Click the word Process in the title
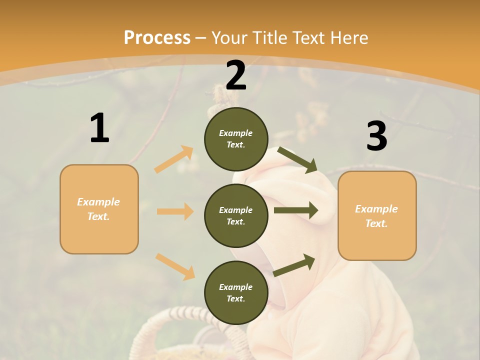[157, 37]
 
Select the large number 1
[99, 128]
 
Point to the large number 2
[236, 75]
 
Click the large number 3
[376, 136]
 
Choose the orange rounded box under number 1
[99, 209]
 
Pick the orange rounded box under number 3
[377, 215]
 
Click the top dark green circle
[236, 139]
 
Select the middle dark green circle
[236, 215]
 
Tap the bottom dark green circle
[236, 292]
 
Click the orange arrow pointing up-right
[174, 159]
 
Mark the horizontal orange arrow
[175, 211]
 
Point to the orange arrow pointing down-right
[175, 266]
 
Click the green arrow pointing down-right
[297, 159]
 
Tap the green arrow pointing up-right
[294, 265]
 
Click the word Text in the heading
[309, 37]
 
